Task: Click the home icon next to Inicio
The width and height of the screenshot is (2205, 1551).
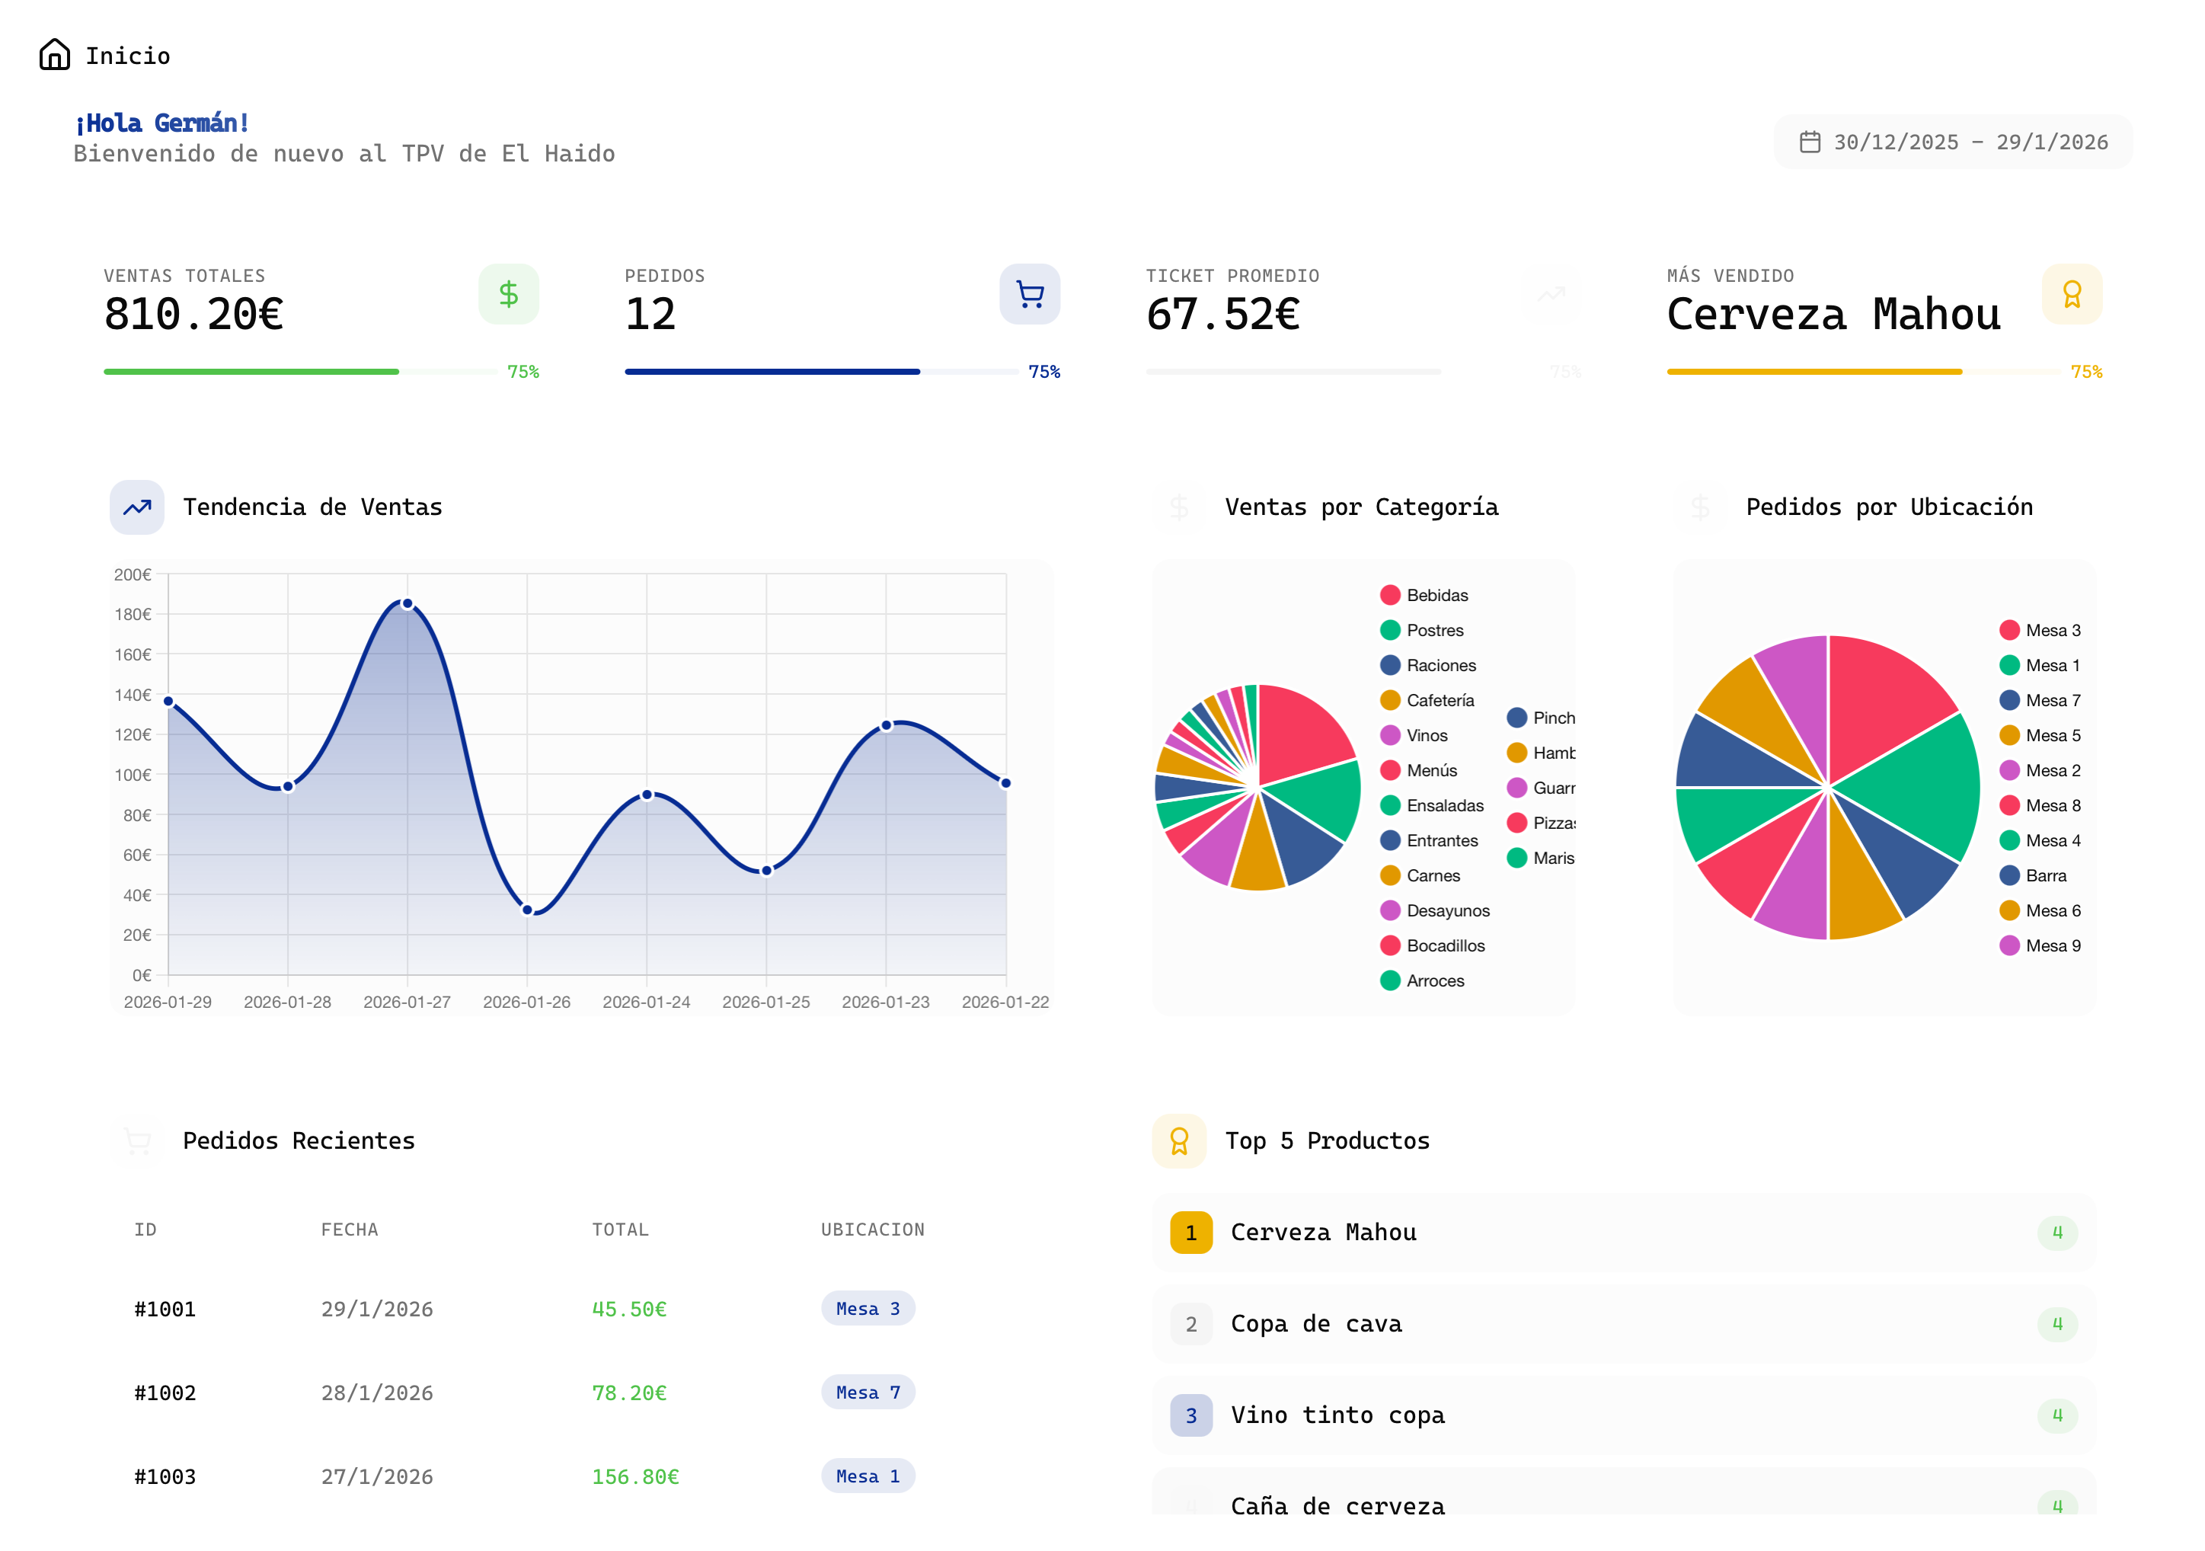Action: tap(55, 55)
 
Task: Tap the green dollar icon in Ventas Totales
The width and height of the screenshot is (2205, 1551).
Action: tap(508, 294)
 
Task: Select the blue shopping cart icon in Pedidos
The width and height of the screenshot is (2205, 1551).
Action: tap(1030, 294)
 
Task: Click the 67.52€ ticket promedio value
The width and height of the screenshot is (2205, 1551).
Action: tap(1222, 314)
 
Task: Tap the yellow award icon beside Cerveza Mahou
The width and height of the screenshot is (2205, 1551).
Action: tap(2072, 294)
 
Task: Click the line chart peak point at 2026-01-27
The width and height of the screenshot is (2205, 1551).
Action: tap(407, 604)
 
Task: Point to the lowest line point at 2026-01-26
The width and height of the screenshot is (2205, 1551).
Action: tap(527, 910)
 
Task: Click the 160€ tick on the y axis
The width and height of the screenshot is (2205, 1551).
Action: tap(133, 655)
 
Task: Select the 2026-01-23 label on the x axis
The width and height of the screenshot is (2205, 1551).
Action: tap(886, 1002)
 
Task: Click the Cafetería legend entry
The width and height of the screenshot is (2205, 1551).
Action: tap(1439, 700)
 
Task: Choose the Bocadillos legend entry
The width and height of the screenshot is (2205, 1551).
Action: tap(1444, 945)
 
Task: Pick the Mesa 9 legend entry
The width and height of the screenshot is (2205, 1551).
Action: tap(2051, 945)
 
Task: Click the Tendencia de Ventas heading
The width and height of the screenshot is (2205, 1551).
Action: tap(312, 507)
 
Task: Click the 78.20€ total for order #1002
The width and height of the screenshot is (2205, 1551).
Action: tap(629, 1393)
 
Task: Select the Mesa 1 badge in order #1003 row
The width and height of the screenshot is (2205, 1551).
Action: tap(868, 1476)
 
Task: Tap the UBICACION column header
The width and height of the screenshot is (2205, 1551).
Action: tap(872, 1230)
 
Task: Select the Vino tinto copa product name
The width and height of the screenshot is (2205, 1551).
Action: tap(1337, 1415)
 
